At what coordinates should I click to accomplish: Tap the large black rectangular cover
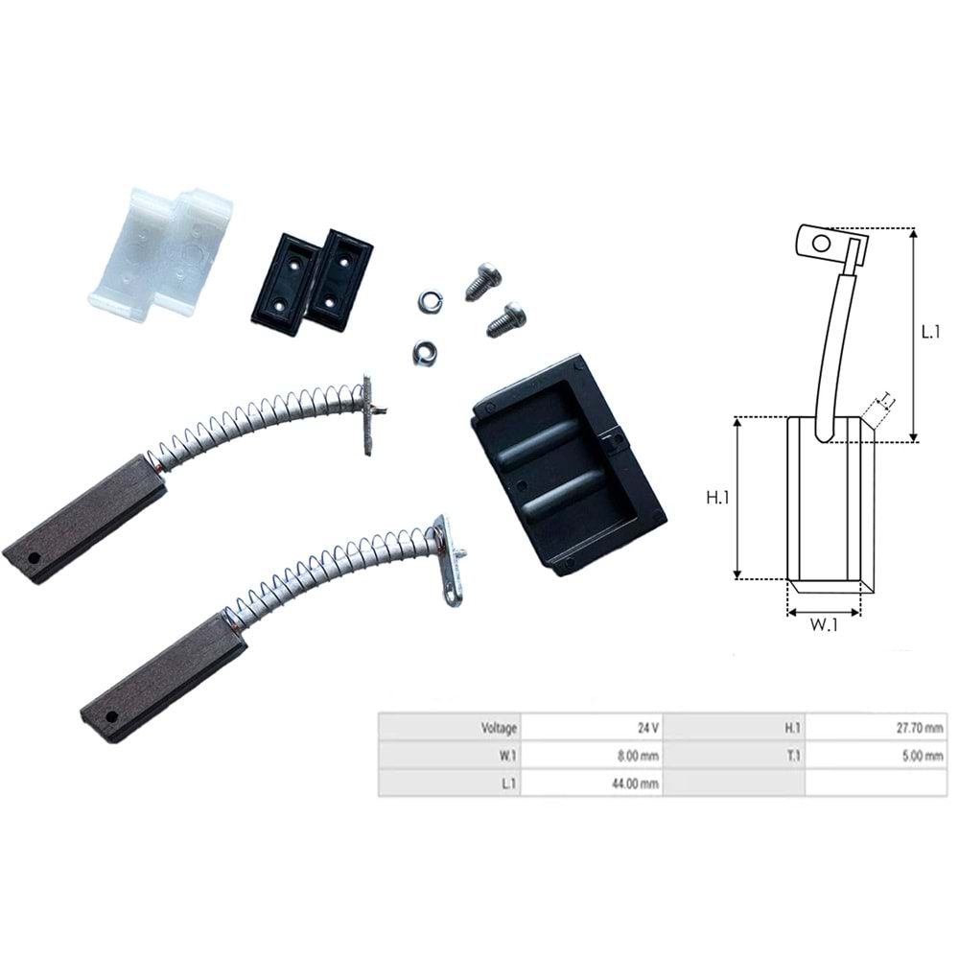[569, 466]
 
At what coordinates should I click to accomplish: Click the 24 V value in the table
[647, 728]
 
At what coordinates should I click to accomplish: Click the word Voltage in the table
[499, 728]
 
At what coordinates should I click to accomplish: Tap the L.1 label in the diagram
[930, 332]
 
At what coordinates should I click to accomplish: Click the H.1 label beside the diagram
[717, 498]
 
